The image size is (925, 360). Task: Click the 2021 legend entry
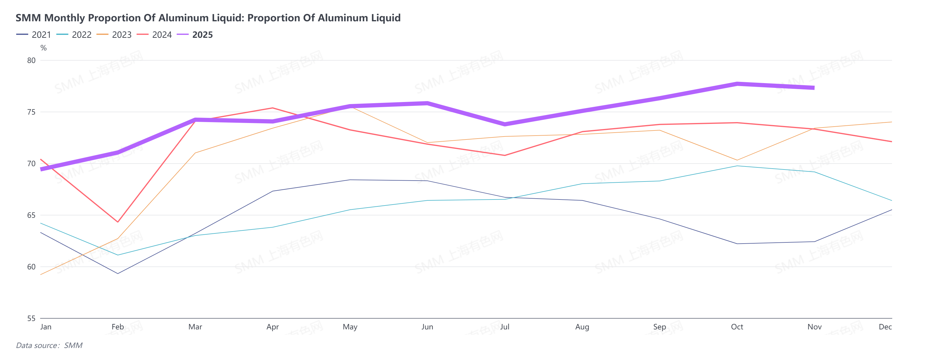[x=34, y=35]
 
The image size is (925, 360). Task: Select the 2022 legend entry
[x=74, y=35]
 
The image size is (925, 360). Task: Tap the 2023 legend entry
[x=115, y=35]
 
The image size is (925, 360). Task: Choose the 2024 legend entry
[x=155, y=35]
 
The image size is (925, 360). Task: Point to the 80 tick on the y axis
[x=31, y=60]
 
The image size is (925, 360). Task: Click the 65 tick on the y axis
[x=31, y=215]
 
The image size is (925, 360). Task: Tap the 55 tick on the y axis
[x=31, y=318]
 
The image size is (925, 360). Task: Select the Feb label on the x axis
[x=118, y=327]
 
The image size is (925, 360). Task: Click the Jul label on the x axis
[x=505, y=327]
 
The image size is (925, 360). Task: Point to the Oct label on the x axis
[x=737, y=327]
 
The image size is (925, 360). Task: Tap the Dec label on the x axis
[x=885, y=327]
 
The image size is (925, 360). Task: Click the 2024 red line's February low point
[x=118, y=222]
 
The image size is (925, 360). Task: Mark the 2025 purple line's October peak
[x=737, y=84]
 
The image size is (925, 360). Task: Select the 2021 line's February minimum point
[x=118, y=274]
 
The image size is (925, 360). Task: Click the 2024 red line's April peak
[x=273, y=108]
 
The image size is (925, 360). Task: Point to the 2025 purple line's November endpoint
[x=814, y=88]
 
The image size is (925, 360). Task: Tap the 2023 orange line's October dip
[x=737, y=160]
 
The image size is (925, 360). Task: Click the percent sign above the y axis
[x=44, y=48]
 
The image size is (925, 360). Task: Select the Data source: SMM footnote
[x=49, y=345]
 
